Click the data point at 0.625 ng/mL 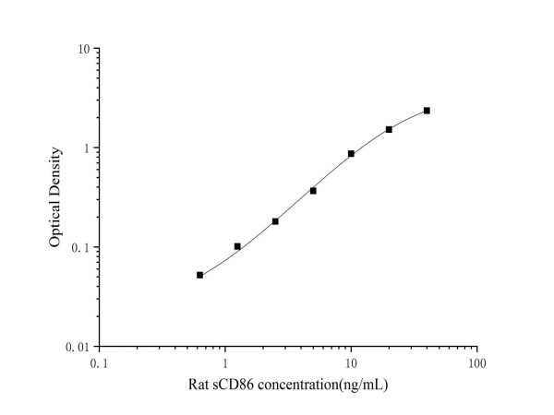click(199, 275)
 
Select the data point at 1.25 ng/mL click(237, 246)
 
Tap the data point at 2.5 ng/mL click(275, 221)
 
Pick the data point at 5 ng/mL click(313, 191)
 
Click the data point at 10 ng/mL click(351, 154)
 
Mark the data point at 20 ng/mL click(389, 129)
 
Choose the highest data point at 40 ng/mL click(427, 111)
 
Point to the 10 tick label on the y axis click(83, 49)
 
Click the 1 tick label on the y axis click(87, 148)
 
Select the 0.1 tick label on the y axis click(81, 248)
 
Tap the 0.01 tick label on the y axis click(78, 347)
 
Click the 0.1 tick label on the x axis click(99, 363)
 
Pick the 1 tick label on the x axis click(225, 363)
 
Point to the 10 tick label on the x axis click(351, 363)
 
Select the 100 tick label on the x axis click(476, 363)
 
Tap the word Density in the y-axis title click(55, 172)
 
